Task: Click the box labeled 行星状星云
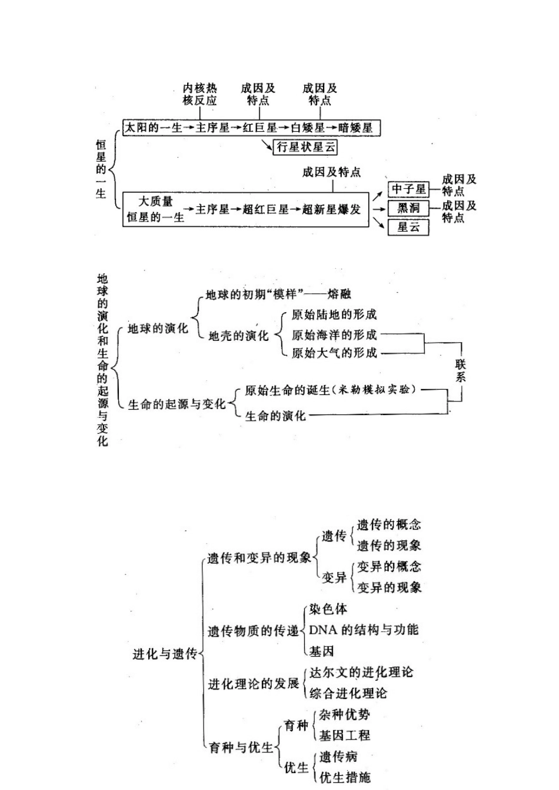click(x=307, y=147)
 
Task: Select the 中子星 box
click(x=408, y=189)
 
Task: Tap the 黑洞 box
click(x=408, y=208)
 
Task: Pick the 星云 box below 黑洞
click(x=408, y=227)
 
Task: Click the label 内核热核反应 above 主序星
click(x=200, y=94)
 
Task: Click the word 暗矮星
click(x=355, y=127)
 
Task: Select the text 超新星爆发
click(x=331, y=209)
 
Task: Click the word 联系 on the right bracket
click(x=460, y=370)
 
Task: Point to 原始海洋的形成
click(x=334, y=334)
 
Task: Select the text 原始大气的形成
click(x=334, y=353)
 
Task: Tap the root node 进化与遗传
click(x=164, y=654)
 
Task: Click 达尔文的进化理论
click(x=361, y=672)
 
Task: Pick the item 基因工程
click(x=344, y=735)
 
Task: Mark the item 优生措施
click(x=345, y=777)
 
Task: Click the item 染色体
click(x=328, y=610)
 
